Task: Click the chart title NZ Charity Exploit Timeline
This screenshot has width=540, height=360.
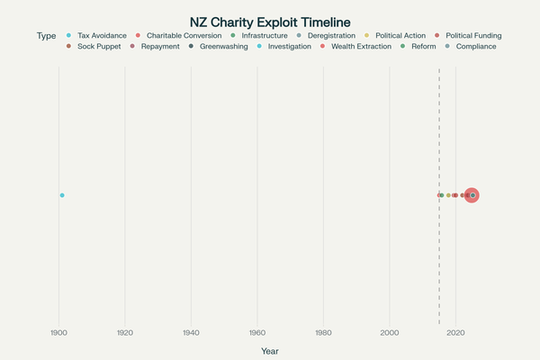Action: pyautogui.click(x=270, y=22)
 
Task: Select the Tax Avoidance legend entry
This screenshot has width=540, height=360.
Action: pyautogui.click(x=102, y=36)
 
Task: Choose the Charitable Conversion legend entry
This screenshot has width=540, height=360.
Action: pyautogui.click(x=184, y=36)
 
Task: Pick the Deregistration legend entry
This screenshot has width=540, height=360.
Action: pyautogui.click(x=332, y=36)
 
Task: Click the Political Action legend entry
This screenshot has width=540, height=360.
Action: pyautogui.click(x=400, y=36)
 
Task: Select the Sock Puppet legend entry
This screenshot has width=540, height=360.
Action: pyautogui.click(x=97, y=46)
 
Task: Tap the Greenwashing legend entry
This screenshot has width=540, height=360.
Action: pyautogui.click(x=223, y=46)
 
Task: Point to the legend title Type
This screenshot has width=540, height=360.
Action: pyautogui.click(x=47, y=36)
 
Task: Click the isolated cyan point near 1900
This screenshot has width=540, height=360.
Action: pyautogui.click(x=62, y=195)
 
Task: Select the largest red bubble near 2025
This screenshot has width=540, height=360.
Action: pyautogui.click(x=472, y=195)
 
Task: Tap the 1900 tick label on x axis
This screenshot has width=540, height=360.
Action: pyautogui.click(x=59, y=333)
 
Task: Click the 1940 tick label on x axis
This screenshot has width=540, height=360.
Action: pyautogui.click(x=191, y=333)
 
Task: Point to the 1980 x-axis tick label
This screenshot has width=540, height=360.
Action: pyautogui.click(x=323, y=333)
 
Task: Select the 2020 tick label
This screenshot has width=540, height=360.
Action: pyautogui.click(x=455, y=333)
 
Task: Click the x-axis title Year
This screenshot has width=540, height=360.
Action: pyautogui.click(x=270, y=350)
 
